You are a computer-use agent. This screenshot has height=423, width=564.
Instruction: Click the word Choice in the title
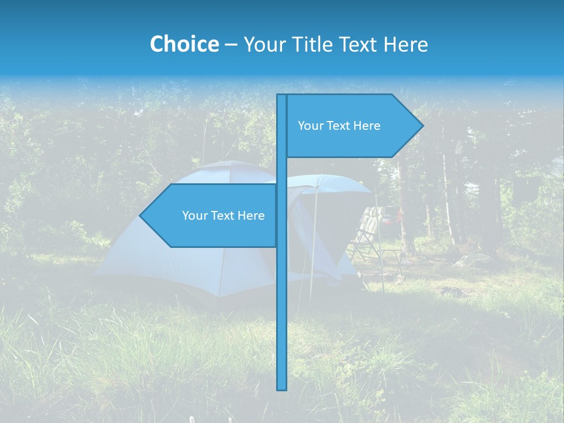tap(184, 44)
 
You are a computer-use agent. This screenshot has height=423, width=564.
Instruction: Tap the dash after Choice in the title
tap(231, 45)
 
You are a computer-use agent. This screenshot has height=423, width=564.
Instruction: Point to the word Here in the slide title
tap(405, 45)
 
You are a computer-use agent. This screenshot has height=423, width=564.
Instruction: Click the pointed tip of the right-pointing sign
tap(422, 125)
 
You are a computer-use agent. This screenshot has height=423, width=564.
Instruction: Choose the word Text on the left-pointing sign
tap(223, 216)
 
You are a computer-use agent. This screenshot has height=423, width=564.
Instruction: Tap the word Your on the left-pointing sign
tap(194, 216)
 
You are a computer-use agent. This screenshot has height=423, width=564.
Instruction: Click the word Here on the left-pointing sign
tap(251, 216)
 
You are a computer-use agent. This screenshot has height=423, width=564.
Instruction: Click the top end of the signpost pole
tap(282, 96)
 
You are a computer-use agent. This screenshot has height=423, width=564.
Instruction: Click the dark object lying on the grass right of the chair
tap(450, 291)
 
